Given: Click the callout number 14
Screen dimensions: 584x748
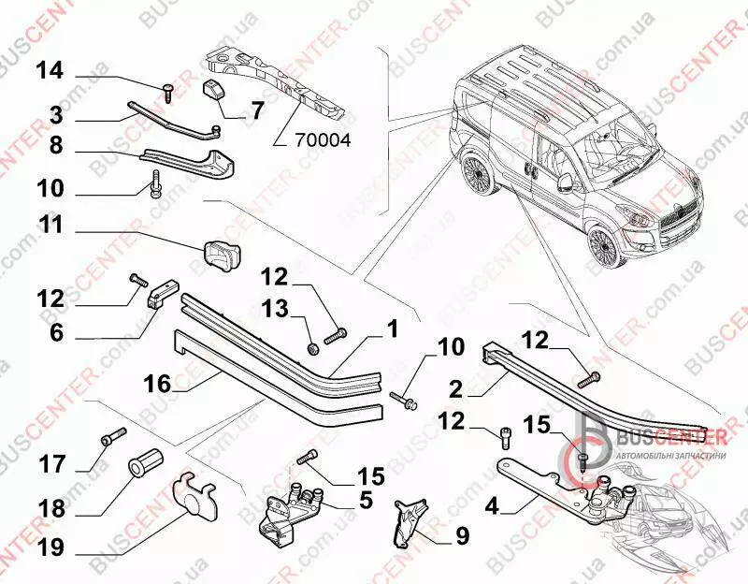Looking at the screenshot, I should pyautogui.click(x=50, y=70).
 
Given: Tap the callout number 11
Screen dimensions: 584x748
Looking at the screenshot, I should pyautogui.click(x=51, y=225).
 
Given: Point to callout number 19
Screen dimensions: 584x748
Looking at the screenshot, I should pyautogui.click(x=50, y=546).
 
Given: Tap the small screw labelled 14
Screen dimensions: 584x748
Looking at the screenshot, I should pyautogui.click(x=167, y=91).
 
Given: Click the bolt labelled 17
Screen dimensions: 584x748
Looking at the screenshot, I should pyautogui.click(x=111, y=435).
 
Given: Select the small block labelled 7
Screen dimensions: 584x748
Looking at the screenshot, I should pyautogui.click(x=219, y=95).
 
